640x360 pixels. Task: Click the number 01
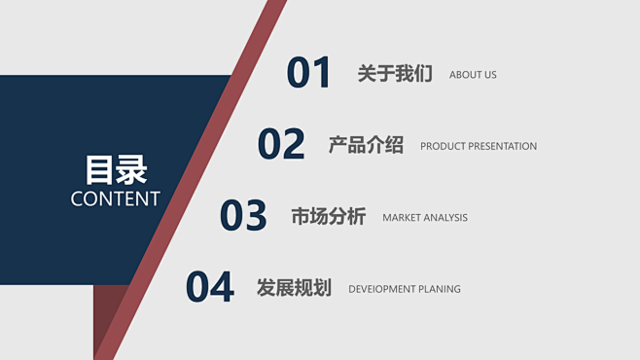click(x=309, y=74)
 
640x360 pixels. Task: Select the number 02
click(x=281, y=145)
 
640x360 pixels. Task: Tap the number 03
click(x=243, y=216)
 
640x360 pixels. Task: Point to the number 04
click(x=210, y=288)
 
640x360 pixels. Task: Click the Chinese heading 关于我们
click(x=395, y=74)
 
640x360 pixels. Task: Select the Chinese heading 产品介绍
click(x=366, y=145)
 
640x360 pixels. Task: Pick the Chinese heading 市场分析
click(x=328, y=217)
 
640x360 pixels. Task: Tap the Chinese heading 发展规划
click(x=294, y=288)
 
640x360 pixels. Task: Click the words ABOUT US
click(x=473, y=75)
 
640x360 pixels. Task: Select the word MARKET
click(x=402, y=218)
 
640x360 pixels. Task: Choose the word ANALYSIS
click(x=445, y=218)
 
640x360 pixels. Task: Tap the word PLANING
click(x=440, y=289)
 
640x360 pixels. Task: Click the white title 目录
click(x=116, y=169)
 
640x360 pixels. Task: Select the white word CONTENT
click(x=116, y=198)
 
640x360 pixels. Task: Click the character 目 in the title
click(x=100, y=169)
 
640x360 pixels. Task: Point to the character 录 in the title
click(x=132, y=169)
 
